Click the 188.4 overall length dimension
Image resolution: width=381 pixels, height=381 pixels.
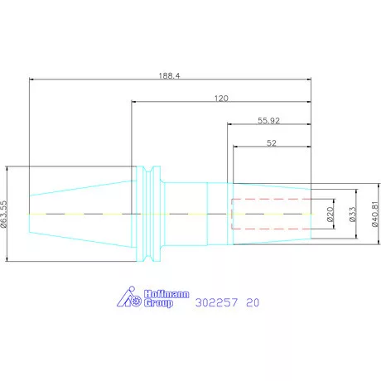point(169,75)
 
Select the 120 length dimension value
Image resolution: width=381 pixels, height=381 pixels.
point(221,99)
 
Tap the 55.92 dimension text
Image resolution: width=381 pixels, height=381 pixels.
point(268,121)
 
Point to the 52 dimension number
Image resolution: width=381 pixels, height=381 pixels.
point(272,143)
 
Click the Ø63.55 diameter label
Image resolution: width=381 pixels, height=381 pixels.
point(3,214)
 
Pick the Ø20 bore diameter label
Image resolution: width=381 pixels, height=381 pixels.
point(330,215)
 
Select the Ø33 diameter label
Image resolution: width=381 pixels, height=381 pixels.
point(353,215)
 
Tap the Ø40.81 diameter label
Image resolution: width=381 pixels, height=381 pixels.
point(375,214)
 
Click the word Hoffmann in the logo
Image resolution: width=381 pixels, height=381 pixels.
point(166,294)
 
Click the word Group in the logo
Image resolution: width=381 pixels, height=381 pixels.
point(158,303)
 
